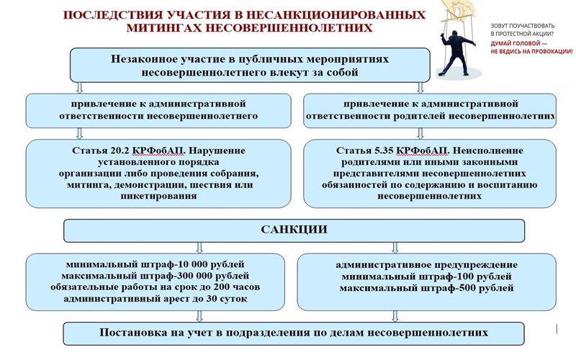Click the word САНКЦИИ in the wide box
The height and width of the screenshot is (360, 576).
click(x=294, y=230)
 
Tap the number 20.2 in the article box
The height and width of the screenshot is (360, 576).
click(x=120, y=150)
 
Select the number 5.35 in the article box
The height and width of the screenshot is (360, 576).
click(x=384, y=150)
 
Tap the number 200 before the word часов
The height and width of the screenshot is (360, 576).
click(x=222, y=287)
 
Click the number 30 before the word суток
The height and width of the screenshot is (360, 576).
click(x=212, y=299)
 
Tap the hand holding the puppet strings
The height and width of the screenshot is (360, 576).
click(x=459, y=9)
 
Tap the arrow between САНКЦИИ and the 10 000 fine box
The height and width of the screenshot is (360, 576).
click(x=199, y=248)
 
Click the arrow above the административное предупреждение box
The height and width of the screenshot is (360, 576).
click(x=395, y=248)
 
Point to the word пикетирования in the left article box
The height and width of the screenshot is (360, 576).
click(x=158, y=196)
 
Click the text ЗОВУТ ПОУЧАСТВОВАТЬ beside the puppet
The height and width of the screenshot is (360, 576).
click(x=523, y=26)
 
